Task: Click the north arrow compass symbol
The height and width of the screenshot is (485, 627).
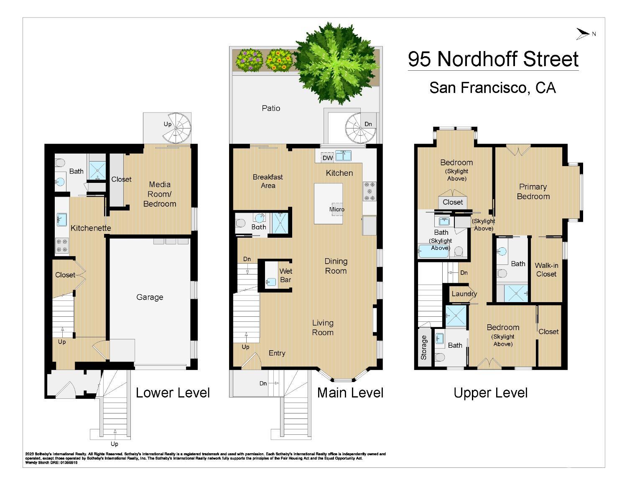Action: coord(583,34)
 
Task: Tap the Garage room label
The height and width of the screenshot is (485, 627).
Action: coord(150,297)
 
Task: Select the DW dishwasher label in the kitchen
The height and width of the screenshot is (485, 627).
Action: coord(328,158)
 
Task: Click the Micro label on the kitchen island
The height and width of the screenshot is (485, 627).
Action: coord(336,209)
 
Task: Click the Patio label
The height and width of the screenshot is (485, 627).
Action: coord(271,108)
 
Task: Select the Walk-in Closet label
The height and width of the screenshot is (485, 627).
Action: coord(546,269)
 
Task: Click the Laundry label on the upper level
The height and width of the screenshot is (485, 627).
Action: coord(464,294)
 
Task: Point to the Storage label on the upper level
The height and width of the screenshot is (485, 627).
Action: coord(423,347)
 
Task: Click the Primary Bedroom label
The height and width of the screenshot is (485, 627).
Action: coord(533,192)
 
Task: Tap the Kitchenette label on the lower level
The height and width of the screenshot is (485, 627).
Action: coord(91,228)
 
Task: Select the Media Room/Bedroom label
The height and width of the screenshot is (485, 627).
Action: coord(160,194)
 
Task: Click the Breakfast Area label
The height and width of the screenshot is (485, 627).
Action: coord(268,181)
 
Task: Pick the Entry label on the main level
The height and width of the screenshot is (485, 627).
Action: coord(277,353)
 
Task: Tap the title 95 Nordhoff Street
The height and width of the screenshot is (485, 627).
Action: coord(493,59)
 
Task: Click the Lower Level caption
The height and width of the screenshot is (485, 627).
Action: coord(173,393)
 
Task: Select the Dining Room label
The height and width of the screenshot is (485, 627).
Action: coord(336,266)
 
